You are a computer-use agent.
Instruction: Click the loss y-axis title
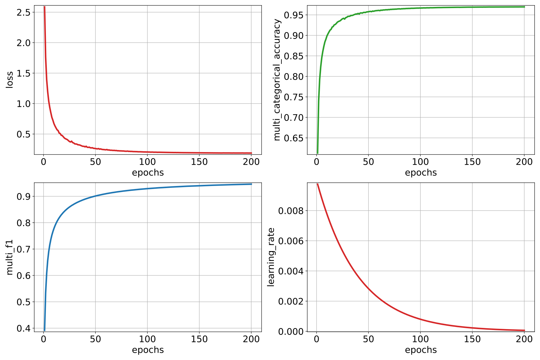pos(10,80)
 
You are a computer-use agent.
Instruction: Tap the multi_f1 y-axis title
pos(10,257)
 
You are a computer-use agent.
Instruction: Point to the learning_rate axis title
pos(271,257)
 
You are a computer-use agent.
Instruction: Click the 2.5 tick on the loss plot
pos(24,12)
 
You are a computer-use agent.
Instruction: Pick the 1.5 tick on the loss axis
pos(24,73)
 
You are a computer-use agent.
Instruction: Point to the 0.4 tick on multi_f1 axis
pos(24,328)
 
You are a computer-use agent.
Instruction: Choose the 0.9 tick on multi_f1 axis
pos(24,196)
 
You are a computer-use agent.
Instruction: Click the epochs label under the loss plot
pos(148,173)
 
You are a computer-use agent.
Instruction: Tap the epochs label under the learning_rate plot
pos(421,350)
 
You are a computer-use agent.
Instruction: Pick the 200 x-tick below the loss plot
pos(251,162)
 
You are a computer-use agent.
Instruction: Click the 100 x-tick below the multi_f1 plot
pos(147,339)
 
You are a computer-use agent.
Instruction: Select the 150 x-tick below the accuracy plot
pos(472,162)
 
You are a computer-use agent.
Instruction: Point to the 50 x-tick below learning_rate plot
pos(368,339)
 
